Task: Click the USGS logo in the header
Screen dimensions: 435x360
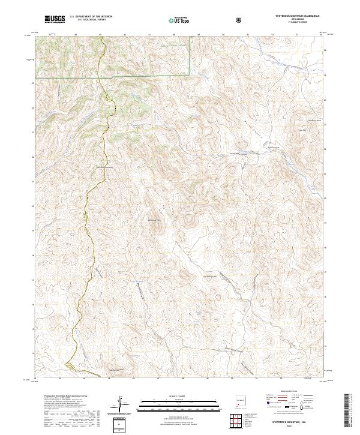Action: point(54,19)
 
